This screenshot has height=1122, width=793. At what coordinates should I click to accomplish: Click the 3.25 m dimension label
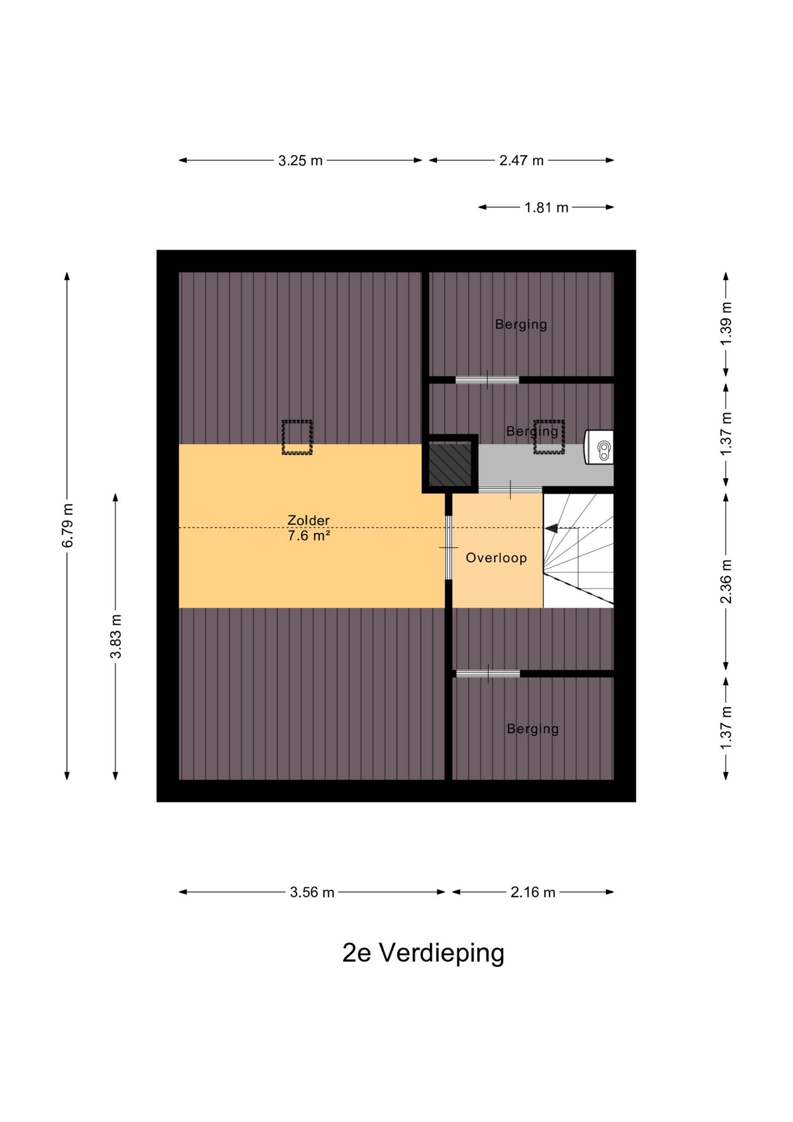point(300,161)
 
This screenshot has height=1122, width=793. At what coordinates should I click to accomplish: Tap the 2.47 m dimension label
point(521,161)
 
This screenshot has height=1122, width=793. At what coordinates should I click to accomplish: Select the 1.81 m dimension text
point(546,207)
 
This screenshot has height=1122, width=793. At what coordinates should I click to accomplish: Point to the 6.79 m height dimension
point(68,525)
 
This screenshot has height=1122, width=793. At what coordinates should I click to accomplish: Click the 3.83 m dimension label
point(116,636)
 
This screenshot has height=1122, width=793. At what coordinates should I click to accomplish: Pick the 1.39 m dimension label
point(726,324)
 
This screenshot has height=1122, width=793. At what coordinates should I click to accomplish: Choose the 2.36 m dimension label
point(726,581)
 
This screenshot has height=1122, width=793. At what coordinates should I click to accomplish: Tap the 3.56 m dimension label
point(312,892)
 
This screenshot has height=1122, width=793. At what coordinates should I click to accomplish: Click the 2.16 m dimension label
point(533,892)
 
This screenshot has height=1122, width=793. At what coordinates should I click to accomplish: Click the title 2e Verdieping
point(423,953)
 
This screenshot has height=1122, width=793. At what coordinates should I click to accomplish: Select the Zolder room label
point(308,520)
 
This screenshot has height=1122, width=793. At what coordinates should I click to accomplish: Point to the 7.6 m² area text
point(309,535)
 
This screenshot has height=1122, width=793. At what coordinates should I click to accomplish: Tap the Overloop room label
point(496,558)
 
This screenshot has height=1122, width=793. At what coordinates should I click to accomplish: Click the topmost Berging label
point(521,325)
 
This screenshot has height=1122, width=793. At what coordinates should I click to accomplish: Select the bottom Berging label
point(533,729)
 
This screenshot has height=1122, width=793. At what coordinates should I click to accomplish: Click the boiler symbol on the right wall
point(600,448)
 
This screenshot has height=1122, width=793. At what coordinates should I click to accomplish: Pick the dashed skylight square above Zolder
point(297,437)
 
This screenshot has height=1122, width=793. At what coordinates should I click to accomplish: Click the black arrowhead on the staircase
point(551,528)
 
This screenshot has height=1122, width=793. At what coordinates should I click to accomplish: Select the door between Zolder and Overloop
point(448,547)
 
